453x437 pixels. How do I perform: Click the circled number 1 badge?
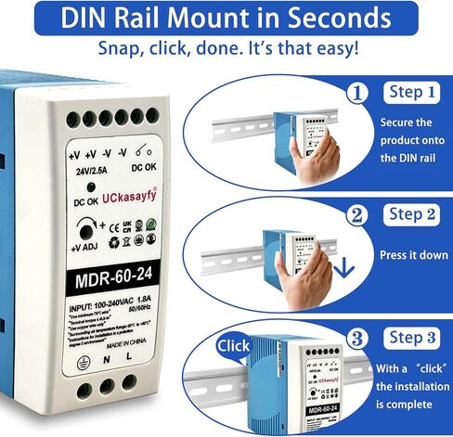[356, 94]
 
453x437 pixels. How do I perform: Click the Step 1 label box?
[411, 93]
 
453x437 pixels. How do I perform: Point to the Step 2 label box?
[411, 215]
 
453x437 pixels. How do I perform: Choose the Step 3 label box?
[411, 337]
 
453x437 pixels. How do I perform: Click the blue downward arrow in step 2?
[345, 269]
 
